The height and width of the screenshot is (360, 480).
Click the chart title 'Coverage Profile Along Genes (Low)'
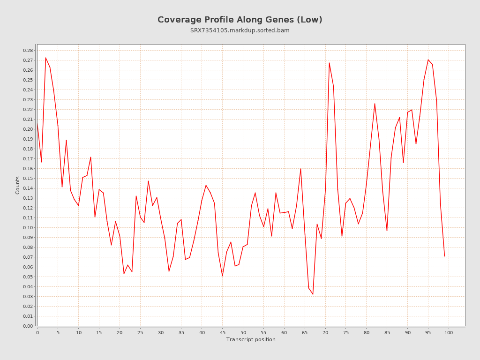click(240, 20)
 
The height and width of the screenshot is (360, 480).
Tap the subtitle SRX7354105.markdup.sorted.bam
click(240, 30)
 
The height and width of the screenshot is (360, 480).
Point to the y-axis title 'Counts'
click(18, 185)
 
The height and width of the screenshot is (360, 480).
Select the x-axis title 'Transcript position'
click(251, 339)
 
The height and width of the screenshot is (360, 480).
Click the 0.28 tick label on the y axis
click(28, 51)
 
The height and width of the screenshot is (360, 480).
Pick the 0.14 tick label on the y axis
click(28, 188)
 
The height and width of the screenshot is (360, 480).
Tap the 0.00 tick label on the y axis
click(28, 326)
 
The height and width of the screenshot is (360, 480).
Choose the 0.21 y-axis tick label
click(28, 120)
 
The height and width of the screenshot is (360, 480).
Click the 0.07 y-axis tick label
click(28, 257)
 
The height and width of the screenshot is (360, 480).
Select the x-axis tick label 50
click(243, 333)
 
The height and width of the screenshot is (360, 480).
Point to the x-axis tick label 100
click(449, 333)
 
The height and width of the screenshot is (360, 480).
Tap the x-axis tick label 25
click(140, 333)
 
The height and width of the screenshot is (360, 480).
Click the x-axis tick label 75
click(346, 333)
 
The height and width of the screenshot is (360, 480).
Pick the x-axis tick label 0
click(37, 333)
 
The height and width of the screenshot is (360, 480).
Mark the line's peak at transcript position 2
click(45, 58)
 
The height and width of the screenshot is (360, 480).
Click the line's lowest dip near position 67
click(313, 294)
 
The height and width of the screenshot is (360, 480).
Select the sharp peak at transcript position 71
click(329, 63)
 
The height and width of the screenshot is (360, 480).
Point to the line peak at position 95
click(428, 60)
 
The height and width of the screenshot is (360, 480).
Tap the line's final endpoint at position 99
click(444, 256)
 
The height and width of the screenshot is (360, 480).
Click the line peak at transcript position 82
click(375, 104)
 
